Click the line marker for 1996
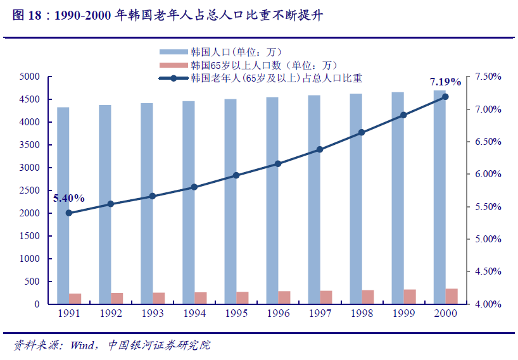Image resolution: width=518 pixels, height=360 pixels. pyautogui.click(x=278, y=164)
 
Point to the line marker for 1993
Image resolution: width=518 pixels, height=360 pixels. pyautogui.click(x=153, y=196)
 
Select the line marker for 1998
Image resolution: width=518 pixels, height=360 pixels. pyautogui.click(x=362, y=133)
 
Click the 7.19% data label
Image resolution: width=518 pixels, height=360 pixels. pyautogui.click(x=445, y=82)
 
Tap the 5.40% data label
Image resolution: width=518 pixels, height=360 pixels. pyautogui.click(x=68, y=198)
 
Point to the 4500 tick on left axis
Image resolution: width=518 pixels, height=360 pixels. pyautogui.click(x=30, y=99)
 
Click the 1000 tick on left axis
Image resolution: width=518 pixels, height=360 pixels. pyautogui.click(x=30, y=259)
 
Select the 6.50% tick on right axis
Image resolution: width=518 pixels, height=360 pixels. pyautogui.click(x=488, y=142)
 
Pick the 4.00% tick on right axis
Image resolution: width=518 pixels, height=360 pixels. pyautogui.click(x=488, y=304)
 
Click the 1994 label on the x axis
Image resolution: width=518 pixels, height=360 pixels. pyautogui.click(x=194, y=313)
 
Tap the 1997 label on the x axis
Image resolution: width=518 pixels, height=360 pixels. pyautogui.click(x=320, y=313)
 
